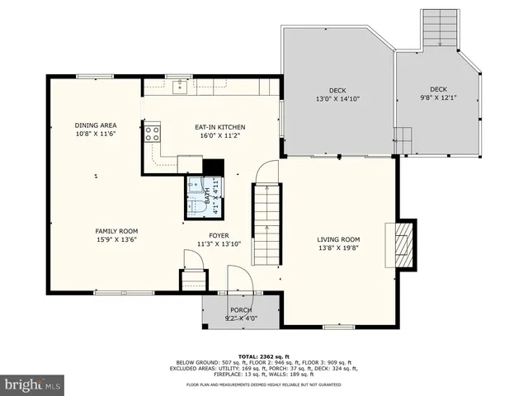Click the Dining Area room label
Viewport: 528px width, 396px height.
point(95,125)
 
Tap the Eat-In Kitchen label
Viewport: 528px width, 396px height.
point(219,127)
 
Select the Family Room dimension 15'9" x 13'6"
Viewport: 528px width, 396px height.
point(116,240)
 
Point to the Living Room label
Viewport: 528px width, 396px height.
point(338,240)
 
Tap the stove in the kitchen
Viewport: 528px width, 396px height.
point(153,134)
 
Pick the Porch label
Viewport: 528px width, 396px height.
point(241,310)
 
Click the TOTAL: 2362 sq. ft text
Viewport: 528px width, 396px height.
point(263,355)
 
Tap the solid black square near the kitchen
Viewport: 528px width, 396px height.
point(213,167)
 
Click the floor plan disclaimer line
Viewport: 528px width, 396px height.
point(263,384)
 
